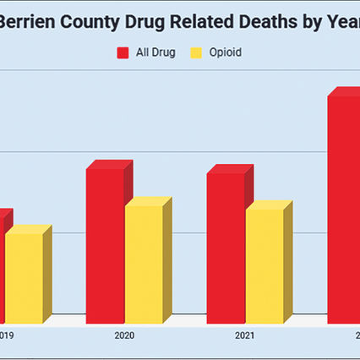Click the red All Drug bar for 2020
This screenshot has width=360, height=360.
coord(105,245)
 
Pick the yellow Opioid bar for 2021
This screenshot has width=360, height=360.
coord(265,265)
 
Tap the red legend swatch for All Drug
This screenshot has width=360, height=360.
coord(123,52)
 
